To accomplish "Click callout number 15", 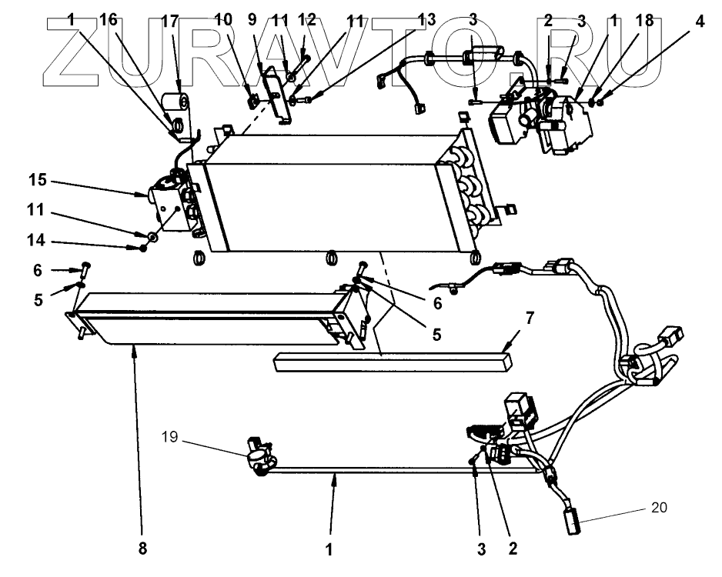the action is pyautogui.click(x=38, y=180).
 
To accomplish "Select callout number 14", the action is pyautogui.click(x=36, y=240).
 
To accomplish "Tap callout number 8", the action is pyautogui.click(x=142, y=549).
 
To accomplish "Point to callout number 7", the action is pyautogui.click(x=530, y=318).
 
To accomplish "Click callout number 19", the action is pyautogui.click(x=169, y=436).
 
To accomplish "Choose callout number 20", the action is pyautogui.click(x=659, y=507).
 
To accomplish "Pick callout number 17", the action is pyautogui.click(x=170, y=21).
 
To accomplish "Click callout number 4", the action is pyautogui.click(x=700, y=21).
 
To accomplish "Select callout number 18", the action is pyautogui.click(x=644, y=20).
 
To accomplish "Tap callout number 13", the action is pyautogui.click(x=426, y=20).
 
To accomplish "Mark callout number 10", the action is pyautogui.click(x=223, y=20).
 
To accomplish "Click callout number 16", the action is pyautogui.click(x=109, y=20).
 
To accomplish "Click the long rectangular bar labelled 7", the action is pyautogui.click(x=393, y=361).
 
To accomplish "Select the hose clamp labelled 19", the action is pyautogui.click(x=261, y=456).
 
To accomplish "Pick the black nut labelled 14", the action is pyautogui.click(x=143, y=248).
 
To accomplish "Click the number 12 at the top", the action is pyautogui.click(x=306, y=20).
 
